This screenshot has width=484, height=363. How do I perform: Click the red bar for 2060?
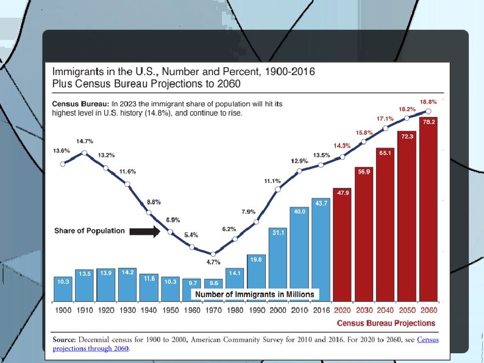coord(429,209)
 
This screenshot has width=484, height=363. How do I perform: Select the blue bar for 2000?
coord(278,265)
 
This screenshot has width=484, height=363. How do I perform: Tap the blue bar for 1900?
coord(63,289)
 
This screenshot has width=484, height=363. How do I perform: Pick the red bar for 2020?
coord(343,245)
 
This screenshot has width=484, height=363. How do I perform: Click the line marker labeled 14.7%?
coord(84,153)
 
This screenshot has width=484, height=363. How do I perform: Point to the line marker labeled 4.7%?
coord(213,254)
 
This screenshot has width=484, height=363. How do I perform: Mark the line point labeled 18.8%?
coord(429,111)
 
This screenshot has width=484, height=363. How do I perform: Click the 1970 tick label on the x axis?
coord(213,310)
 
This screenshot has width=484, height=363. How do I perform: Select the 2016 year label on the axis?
coord(321,310)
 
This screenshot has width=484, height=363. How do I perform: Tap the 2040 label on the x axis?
coord(385,310)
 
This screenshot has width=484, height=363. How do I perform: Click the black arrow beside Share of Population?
coord(144,231)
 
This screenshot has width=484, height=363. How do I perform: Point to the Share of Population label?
coord(90,231)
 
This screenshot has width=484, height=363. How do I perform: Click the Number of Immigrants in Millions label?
coord(255,295)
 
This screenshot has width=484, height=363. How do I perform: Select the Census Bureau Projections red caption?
coord(386,323)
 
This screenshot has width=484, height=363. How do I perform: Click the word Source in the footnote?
coord(64,340)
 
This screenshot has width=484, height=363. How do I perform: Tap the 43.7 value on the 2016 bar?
coord(321,203)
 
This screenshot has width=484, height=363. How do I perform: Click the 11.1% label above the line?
coord(272,181)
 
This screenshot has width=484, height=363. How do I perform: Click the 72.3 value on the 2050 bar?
coord(407,136)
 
